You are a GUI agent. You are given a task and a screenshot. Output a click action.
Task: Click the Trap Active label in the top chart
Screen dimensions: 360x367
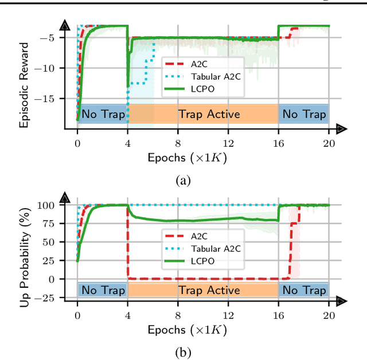coord(209,114)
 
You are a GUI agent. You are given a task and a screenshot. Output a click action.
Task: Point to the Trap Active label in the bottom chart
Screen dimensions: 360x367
coord(209,290)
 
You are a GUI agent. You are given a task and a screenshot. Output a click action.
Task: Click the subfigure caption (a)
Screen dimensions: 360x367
coord(183,181)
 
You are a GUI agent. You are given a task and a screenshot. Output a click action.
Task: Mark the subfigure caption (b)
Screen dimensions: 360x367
coord(183,352)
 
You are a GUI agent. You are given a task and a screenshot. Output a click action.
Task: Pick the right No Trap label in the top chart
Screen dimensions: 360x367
coord(303,114)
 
